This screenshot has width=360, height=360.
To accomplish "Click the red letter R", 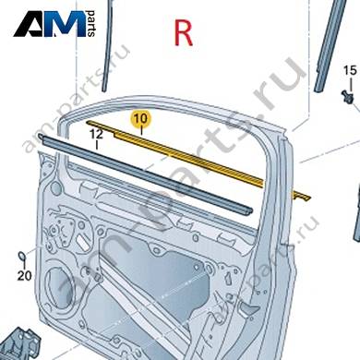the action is point(184,33).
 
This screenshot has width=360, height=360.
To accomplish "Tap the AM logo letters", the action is point(50,24).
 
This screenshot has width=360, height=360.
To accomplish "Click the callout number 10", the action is point(141,118).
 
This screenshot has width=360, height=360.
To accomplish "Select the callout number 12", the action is point(97,134).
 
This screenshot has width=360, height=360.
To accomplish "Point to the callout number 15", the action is point(350,70).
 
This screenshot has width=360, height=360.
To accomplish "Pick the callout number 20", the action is point(24,276).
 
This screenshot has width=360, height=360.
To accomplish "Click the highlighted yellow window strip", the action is point(197,160).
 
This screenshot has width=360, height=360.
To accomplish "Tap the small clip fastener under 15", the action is point(348,96).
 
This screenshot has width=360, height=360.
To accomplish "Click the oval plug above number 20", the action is point(22,256).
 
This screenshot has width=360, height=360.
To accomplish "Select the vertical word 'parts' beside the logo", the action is point(91,24).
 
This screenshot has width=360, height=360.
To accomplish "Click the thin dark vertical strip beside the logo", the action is point(107,46).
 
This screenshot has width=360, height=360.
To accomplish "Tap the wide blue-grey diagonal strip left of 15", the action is point(328,46).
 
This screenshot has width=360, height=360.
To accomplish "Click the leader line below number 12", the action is point(97,145).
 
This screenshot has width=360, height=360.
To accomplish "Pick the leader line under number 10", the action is point(141,130).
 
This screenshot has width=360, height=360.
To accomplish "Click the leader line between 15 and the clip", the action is point(350,83).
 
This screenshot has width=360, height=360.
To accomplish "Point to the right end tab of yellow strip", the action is point(303,197).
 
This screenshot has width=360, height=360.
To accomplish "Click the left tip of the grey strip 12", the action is point(40,136).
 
